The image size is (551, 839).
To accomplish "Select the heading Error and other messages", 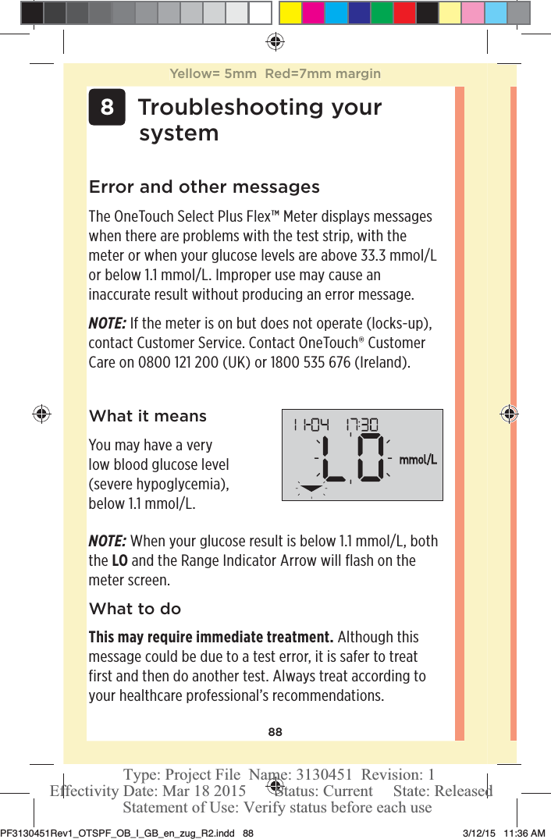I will coord(204,187).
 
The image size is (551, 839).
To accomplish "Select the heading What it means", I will coord(148,416).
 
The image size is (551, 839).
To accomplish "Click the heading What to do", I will coord(135,609).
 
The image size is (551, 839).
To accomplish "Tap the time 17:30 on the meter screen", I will coord(360,425).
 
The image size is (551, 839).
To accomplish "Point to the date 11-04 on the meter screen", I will coord(311,425).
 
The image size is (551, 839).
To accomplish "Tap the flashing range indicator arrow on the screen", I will coord(311,489).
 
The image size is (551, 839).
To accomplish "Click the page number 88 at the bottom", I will coord(275,732).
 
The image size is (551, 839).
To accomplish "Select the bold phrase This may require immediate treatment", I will coord(211,637).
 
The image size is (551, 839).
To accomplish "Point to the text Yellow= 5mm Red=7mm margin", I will coord(275,74).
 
